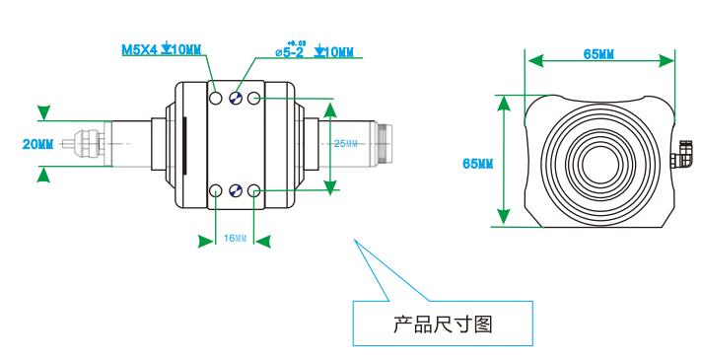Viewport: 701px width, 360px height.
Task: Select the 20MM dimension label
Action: click(37, 143)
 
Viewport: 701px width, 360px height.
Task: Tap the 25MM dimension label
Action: click(346, 143)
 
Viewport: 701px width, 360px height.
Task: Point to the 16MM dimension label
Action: click(234, 239)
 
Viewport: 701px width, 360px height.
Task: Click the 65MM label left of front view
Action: click(478, 162)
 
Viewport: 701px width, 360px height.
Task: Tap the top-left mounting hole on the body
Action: click(216, 99)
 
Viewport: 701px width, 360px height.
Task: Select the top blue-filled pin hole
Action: click(235, 99)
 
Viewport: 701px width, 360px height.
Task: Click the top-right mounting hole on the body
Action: click(254, 99)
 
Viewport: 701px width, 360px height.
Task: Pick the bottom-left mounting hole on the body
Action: click(216, 191)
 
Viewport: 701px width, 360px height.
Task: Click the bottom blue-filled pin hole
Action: click(235, 191)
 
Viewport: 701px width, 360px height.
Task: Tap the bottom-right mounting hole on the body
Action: click(254, 191)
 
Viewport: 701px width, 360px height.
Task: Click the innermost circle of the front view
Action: click(597, 158)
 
